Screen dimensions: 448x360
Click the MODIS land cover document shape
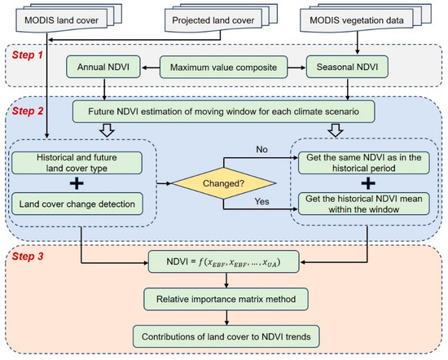(x=61, y=20)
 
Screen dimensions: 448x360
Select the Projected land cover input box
(x=213, y=20)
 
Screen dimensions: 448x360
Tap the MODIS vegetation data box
(x=357, y=20)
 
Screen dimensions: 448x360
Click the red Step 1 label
(x=27, y=55)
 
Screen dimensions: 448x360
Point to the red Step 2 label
(x=27, y=111)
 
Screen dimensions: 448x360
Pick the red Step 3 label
(x=27, y=257)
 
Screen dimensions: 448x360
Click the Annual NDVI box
(x=103, y=67)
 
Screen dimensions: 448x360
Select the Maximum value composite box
(x=223, y=67)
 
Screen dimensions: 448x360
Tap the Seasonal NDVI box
(x=347, y=67)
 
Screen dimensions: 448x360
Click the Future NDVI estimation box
(x=223, y=112)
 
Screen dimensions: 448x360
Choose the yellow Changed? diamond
(x=224, y=183)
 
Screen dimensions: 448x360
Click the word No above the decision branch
(x=261, y=149)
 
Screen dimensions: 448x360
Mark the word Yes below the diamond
(x=261, y=201)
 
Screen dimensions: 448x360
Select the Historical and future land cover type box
(x=77, y=163)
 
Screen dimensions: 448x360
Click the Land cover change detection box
(x=77, y=204)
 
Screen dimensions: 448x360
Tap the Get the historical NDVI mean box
(x=364, y=204)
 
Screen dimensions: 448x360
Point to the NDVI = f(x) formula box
(x=223, y=262)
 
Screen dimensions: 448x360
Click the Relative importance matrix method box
(x=226, y=299)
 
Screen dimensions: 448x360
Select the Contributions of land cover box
(x=226, y=336)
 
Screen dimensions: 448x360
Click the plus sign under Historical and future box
(x=77, y=183)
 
